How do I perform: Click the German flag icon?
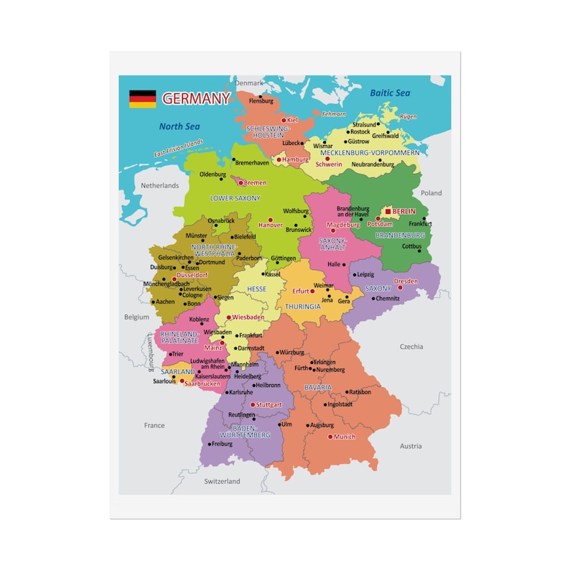pyautogui.click(x=142, y=99)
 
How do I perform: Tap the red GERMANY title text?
pyautogui.click(x=196, y=98)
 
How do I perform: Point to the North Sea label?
pyautogui.click(x=179, y=126)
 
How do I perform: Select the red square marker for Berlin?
pyautogui.click(x=388, y=212)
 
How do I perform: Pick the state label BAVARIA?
pyautogui.click(x=318, y=387)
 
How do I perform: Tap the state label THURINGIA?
pyautogui.click(x=302, y=307)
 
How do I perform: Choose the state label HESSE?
pyautogui.click(x=256, y=289)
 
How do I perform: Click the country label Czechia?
pyautogui.click(x=411, y=347)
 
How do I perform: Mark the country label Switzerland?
pyautogui.click(x=222, y=481)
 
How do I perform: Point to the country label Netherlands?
pyautogui.click(x=159, y=185)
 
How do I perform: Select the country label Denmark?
pyautogui.click(x=250, y=83)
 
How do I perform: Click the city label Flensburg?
pyautogui.click(x=261, y=101)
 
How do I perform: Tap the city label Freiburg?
pyautogui.click(x=222, y=444)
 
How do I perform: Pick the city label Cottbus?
pyautogui.click(x=411, y=246)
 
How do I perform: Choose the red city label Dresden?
pyautogui.click(x=406, y=281)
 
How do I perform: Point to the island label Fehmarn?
pyautogui.click(x=334, y=114)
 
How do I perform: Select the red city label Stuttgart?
pyautogui.click(x=268, y=405)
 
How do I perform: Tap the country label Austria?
pyautogui.click(x=411, y=446)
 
